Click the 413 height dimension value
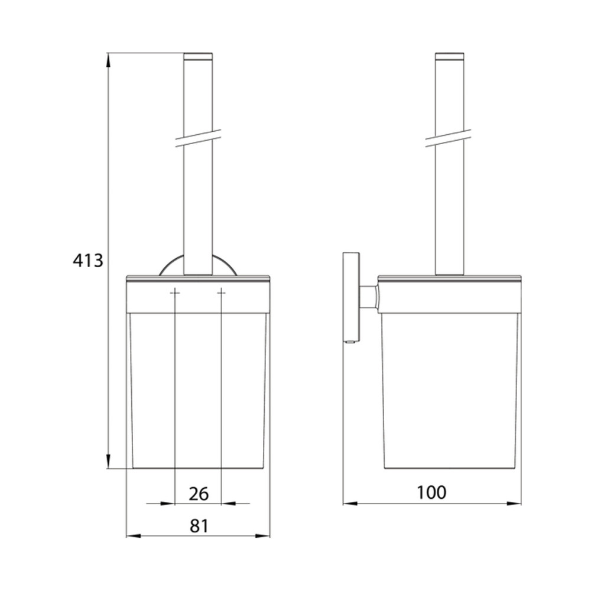tap(88, 260)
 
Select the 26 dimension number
tap(199, 493)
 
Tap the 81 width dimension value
tap(199, 526)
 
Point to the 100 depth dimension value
tap(431, 492)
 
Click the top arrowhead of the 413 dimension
tap(108, 60)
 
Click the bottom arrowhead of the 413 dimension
tap(108, 462)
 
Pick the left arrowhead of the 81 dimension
tap(133, 535)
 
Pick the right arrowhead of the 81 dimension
tap(263, 535)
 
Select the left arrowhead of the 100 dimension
tap(350, 503)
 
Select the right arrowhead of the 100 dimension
tap(514, 503)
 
